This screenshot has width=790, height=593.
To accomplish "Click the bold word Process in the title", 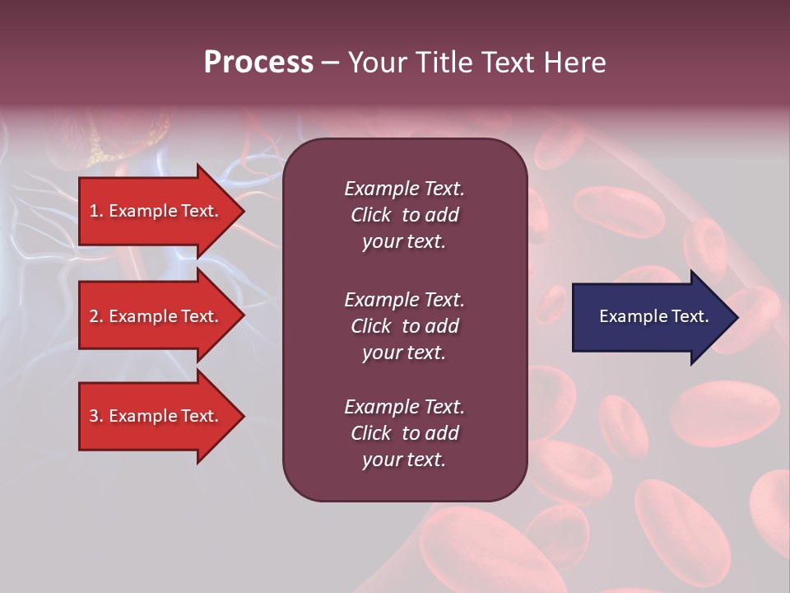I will [258, 63].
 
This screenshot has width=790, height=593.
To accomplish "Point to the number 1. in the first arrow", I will [96, 211].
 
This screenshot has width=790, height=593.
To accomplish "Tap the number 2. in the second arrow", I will [96, 316].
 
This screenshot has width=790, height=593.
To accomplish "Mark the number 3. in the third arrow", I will [96, 416].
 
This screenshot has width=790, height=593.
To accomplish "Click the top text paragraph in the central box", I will [404, 215].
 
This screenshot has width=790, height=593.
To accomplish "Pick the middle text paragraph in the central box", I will [404, 325].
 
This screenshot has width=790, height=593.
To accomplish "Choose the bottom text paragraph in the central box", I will [404, 432].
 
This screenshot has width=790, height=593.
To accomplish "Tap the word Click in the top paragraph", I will [370, 215].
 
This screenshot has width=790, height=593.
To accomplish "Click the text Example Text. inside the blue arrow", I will [653, 316].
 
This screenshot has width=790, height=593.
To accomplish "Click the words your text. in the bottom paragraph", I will [404, 460].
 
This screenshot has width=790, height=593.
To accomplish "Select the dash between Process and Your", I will [331, 63].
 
